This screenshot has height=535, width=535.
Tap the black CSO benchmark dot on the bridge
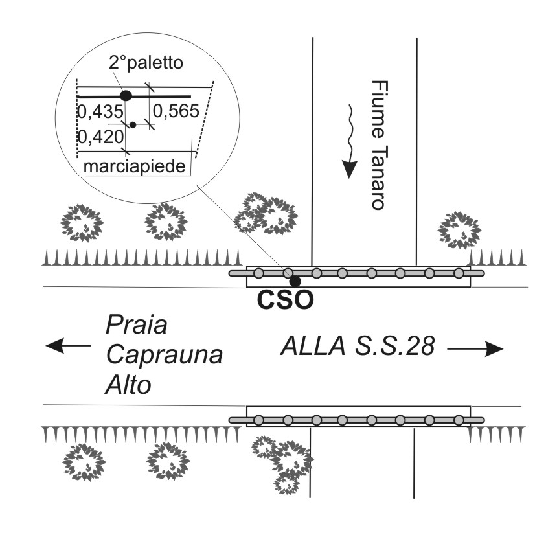pos(295,281)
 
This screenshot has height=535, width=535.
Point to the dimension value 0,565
pos(175,112)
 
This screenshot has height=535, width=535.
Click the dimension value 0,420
pos(100,137)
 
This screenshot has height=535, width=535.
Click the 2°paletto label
pos(146,63)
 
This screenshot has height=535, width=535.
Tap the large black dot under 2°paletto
pos(126,96)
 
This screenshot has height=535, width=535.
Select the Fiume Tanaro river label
pos(378,144)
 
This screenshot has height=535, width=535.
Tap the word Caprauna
pos(164,355)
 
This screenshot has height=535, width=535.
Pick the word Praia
pos(136,324)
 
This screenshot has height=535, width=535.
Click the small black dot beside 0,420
pos(133,124)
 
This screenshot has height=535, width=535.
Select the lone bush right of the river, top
pos(460,230)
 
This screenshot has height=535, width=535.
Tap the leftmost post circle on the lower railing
pos(258,420)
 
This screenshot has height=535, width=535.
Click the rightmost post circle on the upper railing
pos(459,273)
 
